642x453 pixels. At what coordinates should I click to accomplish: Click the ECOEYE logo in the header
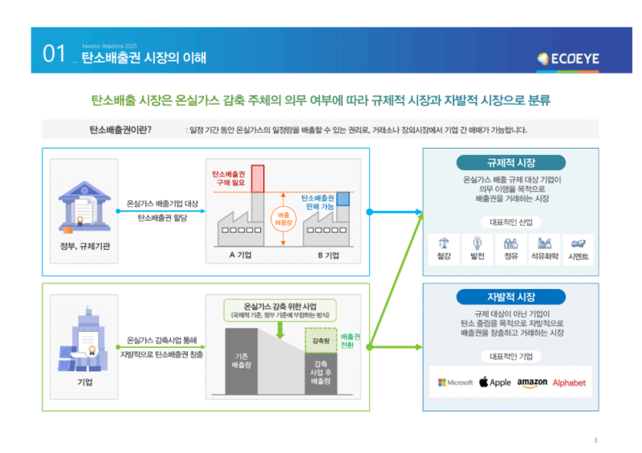(x=568, y=58)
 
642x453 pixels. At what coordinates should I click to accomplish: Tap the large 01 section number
(x=54, y=55)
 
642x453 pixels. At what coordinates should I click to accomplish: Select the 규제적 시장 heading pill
(x=510, y=162)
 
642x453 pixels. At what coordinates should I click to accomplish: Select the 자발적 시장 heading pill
(x=510, y=296)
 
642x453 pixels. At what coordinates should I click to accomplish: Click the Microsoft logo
(x=455, y=382)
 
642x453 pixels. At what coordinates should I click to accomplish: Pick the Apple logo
(x=495, y=382)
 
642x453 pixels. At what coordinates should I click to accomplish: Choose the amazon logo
(x=532, y=382)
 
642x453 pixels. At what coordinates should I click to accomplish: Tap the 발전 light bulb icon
(x=477, y=243)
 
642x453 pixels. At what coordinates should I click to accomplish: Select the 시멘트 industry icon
(x=578, y=243)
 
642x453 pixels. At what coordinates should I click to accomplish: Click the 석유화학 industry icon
(x=544, y=243)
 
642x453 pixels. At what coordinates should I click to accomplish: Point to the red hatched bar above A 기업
(x=257, y=178)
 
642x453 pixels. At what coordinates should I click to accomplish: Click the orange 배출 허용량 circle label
(x=283, y=219)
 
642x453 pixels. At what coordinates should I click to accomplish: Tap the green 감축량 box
(x=320, y=341)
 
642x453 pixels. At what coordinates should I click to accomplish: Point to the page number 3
(x=595, y=439)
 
